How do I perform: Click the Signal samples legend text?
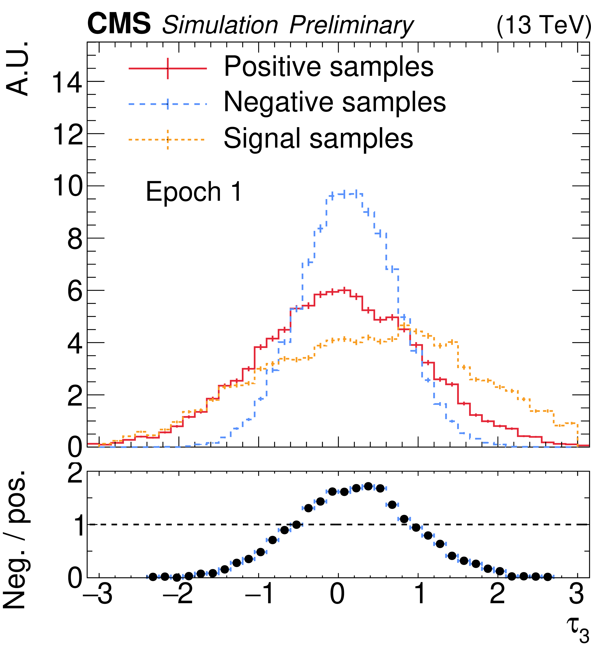click(318, 138)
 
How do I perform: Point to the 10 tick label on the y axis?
click(67, 187)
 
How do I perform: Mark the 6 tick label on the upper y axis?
click(75, 292)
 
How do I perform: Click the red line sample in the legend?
click(168, 68)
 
